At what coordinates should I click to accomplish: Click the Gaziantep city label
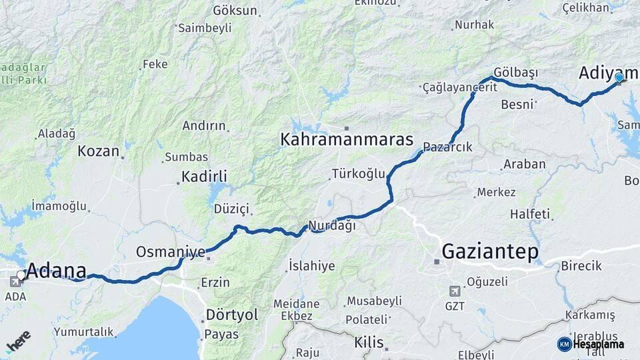tap(490, 252)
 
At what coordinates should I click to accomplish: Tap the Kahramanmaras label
tap(347, 140)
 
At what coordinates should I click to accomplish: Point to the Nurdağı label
tap(331, 225)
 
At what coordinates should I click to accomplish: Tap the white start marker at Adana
tap(21, 275)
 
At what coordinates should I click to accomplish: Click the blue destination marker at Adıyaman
tap(619, 78)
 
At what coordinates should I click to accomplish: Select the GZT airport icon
tap(455, 291)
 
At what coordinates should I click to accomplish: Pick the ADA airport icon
tap(15, 281)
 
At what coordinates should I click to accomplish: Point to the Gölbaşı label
tap(516, 71)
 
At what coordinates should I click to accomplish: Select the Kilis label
tap(369, 343)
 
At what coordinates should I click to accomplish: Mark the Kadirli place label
tap(204, 177)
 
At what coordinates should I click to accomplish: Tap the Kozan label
tap(98, 151)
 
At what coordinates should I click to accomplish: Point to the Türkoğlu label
tap(359, 174)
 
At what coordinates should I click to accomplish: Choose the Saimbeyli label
tap(205, 28)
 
